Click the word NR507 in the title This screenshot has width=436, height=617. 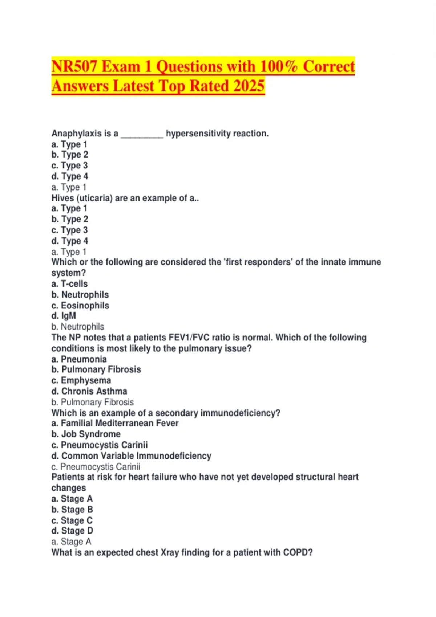74,67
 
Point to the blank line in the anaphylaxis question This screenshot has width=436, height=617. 142,134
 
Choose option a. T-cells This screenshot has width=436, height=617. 70,284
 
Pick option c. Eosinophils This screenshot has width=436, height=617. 80,306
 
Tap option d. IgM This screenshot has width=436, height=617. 64,316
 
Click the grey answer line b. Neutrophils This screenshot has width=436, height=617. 78,327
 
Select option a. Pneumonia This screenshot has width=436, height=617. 79,359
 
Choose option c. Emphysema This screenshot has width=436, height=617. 81,380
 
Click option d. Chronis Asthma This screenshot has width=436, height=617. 89,391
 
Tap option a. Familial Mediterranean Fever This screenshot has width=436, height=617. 115,423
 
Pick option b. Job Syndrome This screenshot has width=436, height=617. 86,434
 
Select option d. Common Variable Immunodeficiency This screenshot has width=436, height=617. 132,456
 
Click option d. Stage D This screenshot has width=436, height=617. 72,531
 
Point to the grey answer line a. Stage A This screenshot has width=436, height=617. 72,542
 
